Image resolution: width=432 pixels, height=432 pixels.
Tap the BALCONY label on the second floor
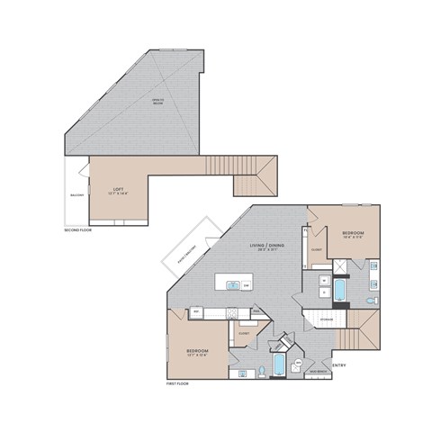click(x=77, y=194)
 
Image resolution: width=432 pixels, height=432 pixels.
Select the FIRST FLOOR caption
click(x=178, y=383)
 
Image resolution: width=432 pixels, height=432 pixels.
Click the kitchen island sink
click(x=233, y=286)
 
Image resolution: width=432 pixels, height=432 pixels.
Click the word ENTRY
click(x=339, y=364)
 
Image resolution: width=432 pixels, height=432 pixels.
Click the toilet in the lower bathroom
click(x=261, y=369)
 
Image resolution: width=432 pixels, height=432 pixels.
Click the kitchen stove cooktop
click(x=232, y=312)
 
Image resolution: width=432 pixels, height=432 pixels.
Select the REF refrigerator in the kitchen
click(x=196, y=312)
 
